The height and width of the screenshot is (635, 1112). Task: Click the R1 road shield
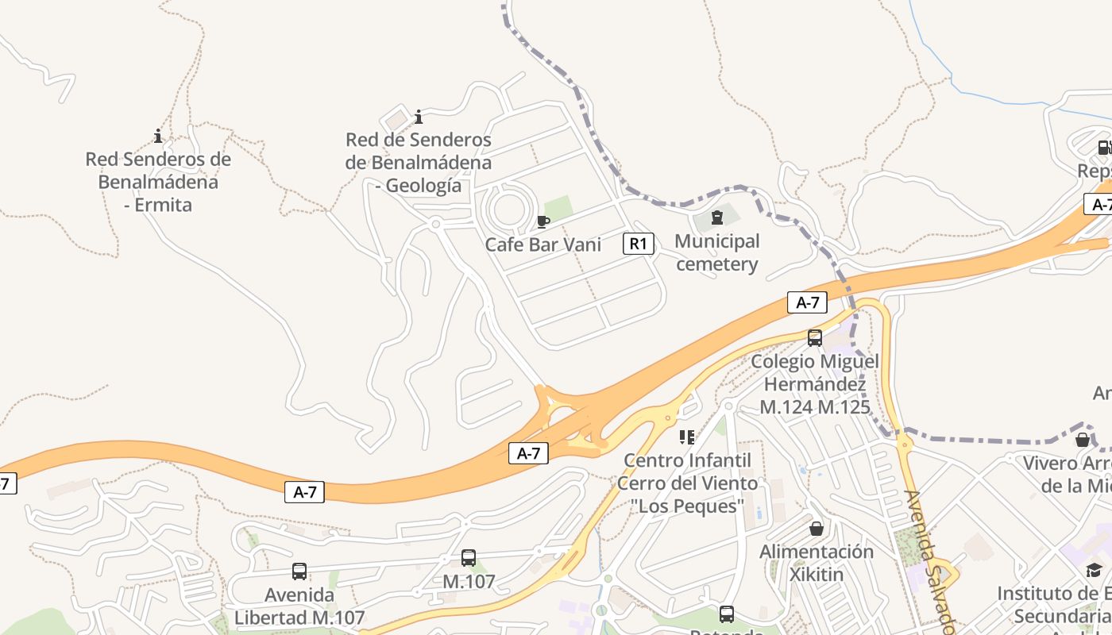[x=639, y=244]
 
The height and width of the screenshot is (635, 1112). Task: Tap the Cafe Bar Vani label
[x=543, y=244]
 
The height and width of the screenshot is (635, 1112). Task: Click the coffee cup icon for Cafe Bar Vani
[x=543, y=221]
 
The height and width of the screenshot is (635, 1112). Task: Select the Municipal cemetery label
[x=717, y=252]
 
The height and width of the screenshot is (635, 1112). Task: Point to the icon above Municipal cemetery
[x=717, y=217]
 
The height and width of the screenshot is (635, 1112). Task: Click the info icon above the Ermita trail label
[x=158, y=136]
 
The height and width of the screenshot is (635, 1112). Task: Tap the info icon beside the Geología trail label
[x=419, y=117]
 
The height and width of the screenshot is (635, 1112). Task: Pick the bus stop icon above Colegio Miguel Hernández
[x=815, y=338]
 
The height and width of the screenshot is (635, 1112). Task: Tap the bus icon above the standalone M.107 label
[x=469, y=558]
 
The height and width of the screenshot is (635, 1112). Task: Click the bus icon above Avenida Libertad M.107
[x=299, y=571]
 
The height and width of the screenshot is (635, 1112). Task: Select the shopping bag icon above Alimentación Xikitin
[x=817, y=529]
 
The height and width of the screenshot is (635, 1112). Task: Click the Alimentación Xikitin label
[x=817, y=562]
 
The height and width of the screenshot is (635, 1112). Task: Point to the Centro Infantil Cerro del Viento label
[x=687, y=483]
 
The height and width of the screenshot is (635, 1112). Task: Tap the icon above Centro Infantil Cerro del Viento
[x=687, y=437]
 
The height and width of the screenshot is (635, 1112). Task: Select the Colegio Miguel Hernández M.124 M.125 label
[x=815, y=384]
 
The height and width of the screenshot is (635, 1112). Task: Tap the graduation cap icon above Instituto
[x=1095, y=570]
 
